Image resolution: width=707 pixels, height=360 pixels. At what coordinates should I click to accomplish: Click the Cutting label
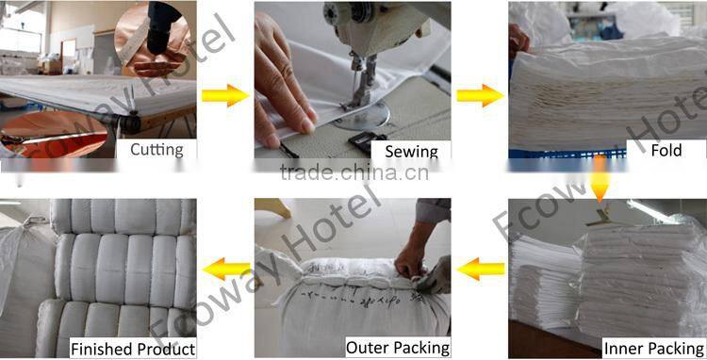pos(156,149)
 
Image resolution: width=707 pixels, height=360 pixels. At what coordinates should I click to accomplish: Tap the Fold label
pos(665,150)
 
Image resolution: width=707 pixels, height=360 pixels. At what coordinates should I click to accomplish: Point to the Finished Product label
pos(133,349)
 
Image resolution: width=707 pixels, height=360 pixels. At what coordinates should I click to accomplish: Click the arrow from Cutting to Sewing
pos(225,95)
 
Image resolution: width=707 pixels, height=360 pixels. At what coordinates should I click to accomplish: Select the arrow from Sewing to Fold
pos(479,95)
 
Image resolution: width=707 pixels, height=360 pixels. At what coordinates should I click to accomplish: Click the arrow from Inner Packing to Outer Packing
pos(481,270)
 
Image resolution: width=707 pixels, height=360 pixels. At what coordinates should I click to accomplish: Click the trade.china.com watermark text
pos(353,172)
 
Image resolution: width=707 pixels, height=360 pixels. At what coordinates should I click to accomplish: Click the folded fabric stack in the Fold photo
pos(603,94)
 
